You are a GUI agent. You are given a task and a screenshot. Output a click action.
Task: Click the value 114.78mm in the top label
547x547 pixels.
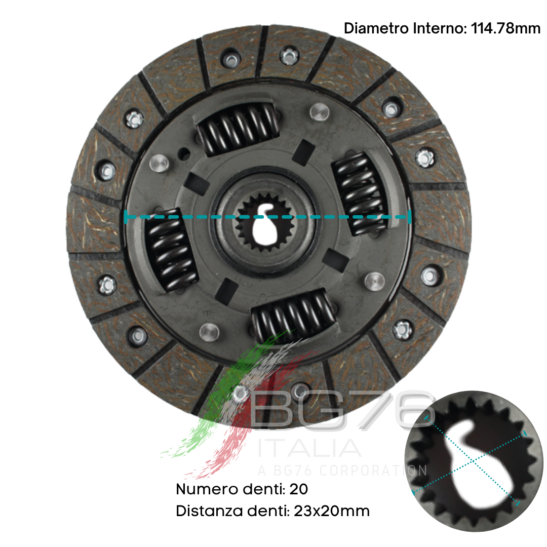(x=505, y=28)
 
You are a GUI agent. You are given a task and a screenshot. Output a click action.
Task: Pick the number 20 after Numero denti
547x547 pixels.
(x=299, y=489)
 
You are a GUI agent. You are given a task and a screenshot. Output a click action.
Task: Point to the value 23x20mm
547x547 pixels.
(x=332, y=511)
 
